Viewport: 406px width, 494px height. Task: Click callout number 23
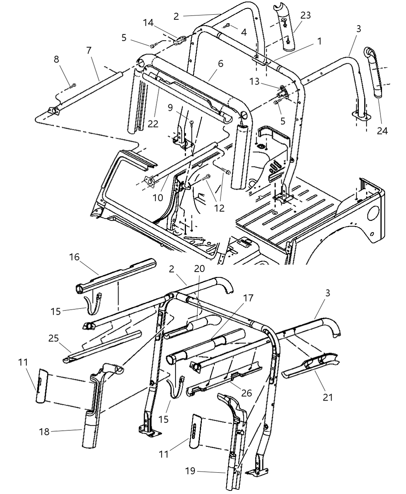coord(305,16)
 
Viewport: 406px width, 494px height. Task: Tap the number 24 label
coord(382,131)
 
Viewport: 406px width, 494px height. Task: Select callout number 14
coord(148,22)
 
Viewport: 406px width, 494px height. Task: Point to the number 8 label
coord(57,59)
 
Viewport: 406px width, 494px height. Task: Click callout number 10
coord(158,198)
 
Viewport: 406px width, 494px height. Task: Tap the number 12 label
coord(219,208)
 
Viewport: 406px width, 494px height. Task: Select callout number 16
coord(74,257)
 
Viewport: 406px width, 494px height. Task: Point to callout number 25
coord(53,338)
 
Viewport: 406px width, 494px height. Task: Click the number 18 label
coord(45,431)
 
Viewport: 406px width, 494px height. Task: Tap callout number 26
coord(246,393)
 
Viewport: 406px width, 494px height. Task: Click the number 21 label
coord(328,398)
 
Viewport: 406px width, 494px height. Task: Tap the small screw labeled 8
coord(73,85)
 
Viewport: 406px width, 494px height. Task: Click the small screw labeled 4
coord(227,26)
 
